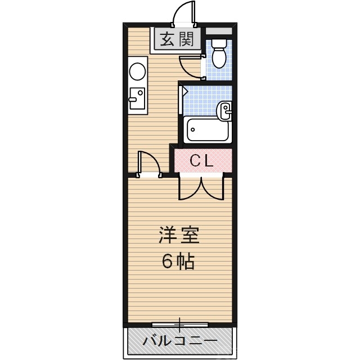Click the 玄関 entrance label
click(176, 39)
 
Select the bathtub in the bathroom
click(206, 130)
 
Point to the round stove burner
click(137, 71)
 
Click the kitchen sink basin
click(136, 99)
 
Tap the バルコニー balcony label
click(179, 340)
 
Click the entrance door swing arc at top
click(184, 13)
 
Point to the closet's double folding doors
click(201, 187)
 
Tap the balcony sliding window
click(180, 325)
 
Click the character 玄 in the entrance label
click(167, 39)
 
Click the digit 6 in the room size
click(168, 261)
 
